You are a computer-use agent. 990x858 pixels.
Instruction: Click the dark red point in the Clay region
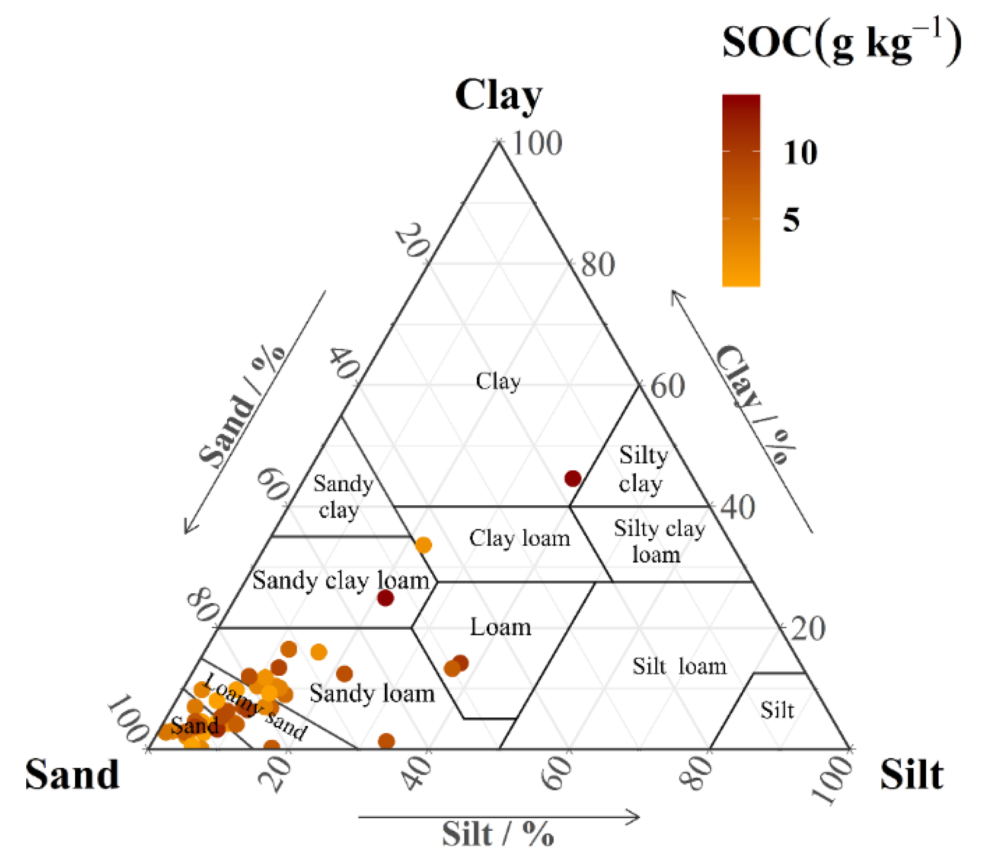pos(573,478)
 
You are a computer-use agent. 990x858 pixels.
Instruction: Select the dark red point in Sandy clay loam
pos(385,598)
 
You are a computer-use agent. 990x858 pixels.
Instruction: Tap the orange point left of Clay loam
pos(423,545)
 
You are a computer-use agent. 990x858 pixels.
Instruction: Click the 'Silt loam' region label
pos(679,666)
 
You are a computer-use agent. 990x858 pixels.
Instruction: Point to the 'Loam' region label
pos(500,627)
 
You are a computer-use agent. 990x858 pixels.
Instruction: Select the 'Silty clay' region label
pos(642,469)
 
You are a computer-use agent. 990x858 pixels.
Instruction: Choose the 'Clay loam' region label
pos(519,538)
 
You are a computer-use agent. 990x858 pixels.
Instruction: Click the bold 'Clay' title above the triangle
pos(498,96)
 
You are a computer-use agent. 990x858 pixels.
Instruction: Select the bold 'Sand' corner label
pos(73,775)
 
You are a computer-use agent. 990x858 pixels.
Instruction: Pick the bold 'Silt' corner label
pos(911,775)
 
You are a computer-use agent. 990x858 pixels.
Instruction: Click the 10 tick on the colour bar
pos(800,152)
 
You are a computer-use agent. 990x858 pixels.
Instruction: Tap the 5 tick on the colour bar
pos(792,220)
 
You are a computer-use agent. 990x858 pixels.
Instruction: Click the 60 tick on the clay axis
pos(668,386)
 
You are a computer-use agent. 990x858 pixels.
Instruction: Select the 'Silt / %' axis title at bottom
pos(498,834)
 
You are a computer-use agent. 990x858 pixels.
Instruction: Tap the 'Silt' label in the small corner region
pos(777,711)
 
